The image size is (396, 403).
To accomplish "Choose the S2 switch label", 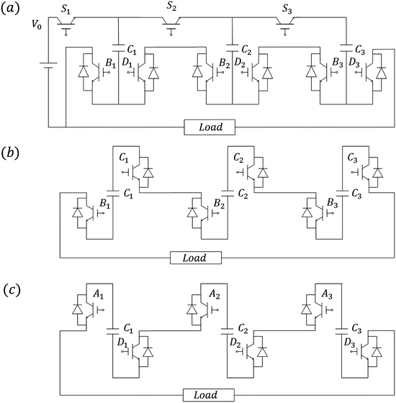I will pos(171,6).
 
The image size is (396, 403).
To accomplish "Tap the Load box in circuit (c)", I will pos(207,395).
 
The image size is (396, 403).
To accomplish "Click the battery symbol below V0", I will pos(48,73).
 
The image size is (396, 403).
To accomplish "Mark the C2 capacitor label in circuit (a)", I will pos(244,52).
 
